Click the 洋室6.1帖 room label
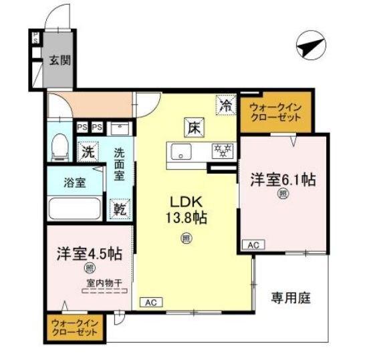(x=283, y=180)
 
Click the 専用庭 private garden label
(x=291, y=298)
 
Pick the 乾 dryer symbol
(x=119, y=208)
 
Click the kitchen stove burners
(x=221, y=152)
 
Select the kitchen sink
(x=180, y=153)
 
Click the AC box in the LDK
(x=151, y=303)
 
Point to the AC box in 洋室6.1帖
(x=253, y=246)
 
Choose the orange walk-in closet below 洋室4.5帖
(x=76, y=329)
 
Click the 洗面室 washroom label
(x=119, y=164)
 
